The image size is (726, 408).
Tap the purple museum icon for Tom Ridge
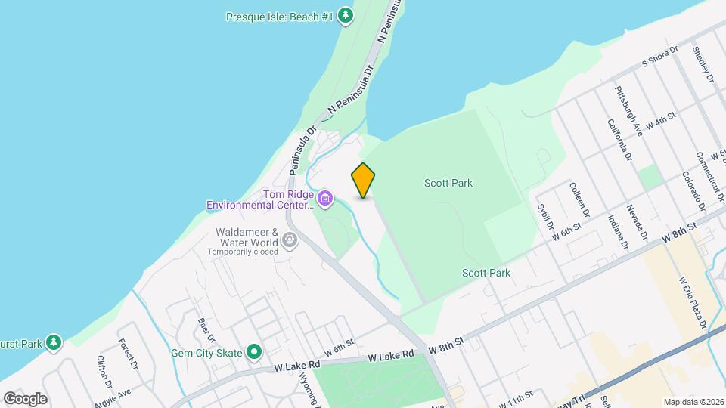(x=325, y=199)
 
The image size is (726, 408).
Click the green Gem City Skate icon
(x=255, y=352)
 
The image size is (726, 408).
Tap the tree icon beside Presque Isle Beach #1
(x=345, y=15)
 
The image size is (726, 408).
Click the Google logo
(x=25, y=399)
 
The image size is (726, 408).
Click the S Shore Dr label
(x=659, y=57)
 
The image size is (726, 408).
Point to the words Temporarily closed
(x=244, y=251)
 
